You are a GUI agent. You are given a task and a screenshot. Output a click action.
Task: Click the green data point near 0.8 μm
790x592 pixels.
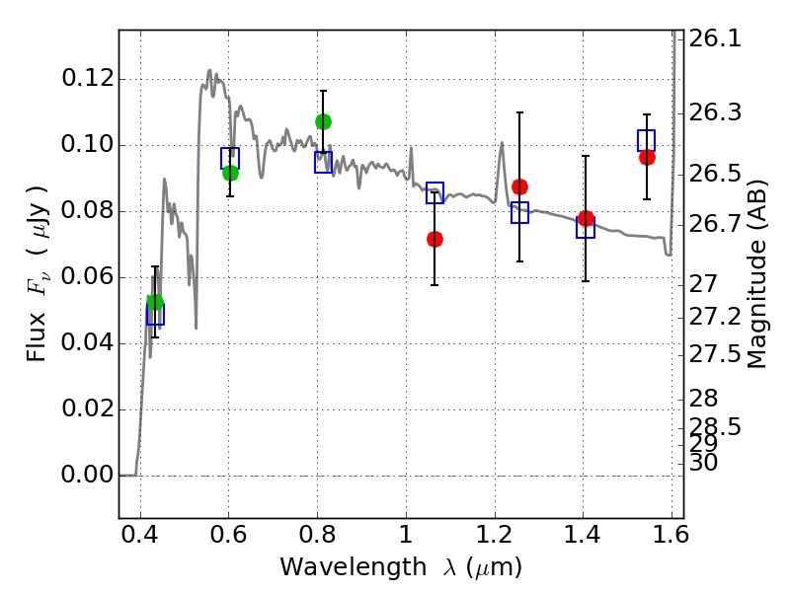(x=323, y=121)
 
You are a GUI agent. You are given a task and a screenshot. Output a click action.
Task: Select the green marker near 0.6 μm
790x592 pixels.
(x=230, y=173)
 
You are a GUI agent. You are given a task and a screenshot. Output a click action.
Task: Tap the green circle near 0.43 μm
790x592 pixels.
(x=155, y=303)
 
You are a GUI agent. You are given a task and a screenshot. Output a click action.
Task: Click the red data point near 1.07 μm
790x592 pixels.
(x=434, y=239)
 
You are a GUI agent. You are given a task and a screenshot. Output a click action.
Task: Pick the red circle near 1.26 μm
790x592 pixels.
(x=519, y=186)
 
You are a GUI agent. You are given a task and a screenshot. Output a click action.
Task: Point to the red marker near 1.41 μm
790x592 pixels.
(x=586, y=218)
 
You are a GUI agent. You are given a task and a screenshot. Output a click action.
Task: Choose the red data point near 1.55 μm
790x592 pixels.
(x=647, y=157)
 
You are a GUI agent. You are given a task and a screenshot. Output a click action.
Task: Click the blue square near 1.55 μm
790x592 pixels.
(x=647, y=140)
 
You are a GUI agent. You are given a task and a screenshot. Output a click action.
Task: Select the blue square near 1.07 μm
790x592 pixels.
(x=434, y=193)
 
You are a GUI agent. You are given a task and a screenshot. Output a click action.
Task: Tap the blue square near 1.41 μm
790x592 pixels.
(x=586, y=228)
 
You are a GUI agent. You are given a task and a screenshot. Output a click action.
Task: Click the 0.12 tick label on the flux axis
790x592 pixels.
(x=87, y=79)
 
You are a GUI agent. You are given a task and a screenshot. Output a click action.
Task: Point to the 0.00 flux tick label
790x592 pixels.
(x=87, y=476)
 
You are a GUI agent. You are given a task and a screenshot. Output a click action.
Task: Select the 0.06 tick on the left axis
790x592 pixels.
(x=87, y=277)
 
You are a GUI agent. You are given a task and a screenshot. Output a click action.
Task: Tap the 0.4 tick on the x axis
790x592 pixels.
(x=140, y=539)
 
